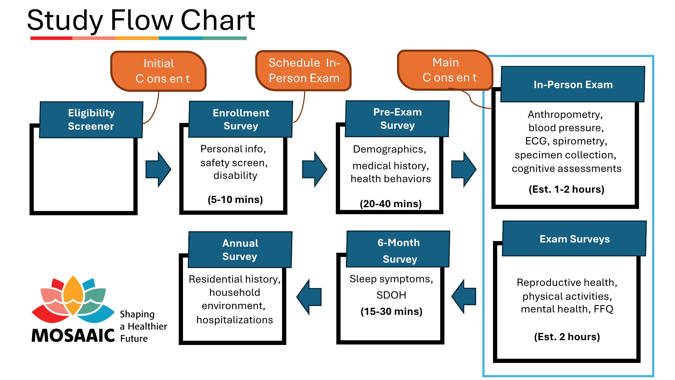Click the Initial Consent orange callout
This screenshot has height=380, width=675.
(x=159, y=71)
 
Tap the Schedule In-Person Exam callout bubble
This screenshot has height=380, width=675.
(x=304, y=71)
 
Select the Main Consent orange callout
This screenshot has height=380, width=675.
(x=445, y=70)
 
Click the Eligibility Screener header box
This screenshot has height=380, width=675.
(x=91, y=119)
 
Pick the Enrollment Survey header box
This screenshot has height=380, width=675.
(x=240, y=119)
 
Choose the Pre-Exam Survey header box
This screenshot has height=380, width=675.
(x=397, y=119)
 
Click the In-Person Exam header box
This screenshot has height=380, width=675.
(x=573, y=84)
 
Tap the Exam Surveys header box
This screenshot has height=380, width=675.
(x=574, y=239)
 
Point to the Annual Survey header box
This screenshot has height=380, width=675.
(x=240, y=250)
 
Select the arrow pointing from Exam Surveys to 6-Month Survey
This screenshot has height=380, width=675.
(x=464, y=296)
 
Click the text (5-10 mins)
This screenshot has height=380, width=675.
(x=235, y=199)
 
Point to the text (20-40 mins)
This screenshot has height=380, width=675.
(x=391, y=204)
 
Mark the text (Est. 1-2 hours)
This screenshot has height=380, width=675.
(x=567, y=189)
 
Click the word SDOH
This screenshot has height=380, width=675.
(x=391, y=295)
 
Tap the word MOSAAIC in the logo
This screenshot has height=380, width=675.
(x=73, y=335)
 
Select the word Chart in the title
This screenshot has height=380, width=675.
(x=218, y=21)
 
